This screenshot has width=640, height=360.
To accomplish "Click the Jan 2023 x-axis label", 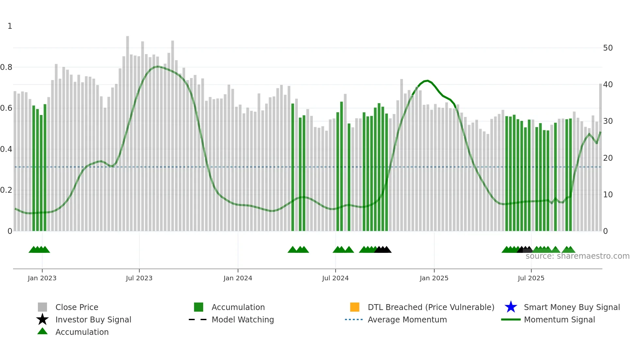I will coord(42,278).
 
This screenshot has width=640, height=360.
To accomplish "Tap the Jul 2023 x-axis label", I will coord(139,278).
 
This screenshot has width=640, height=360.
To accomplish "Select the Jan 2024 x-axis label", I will coord(238,278).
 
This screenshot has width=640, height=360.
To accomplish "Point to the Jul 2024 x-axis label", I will coord(335,278).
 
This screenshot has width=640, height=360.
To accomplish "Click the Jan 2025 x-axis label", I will coord(434,278).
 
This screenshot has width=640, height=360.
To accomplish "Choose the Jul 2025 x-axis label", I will coord(531,278).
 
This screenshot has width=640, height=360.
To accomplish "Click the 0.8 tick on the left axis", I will coord(6,67).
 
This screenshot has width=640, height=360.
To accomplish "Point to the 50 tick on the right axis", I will coord(608,48).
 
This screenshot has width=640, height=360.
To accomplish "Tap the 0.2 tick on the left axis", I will coord(6,190).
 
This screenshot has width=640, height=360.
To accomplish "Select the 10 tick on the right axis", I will coord(608,195).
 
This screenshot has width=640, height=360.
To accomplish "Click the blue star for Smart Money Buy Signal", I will coord(511,307).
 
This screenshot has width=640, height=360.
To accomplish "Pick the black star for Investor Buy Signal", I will coord(42,319).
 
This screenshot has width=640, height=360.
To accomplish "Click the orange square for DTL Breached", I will coord(355,307).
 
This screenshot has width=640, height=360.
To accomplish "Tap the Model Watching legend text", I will coord(243,319).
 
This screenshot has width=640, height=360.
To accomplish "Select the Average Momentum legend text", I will coord(407,319).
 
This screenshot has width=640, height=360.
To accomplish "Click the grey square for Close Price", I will coord(42,307).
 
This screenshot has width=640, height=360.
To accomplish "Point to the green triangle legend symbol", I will coord(42,332).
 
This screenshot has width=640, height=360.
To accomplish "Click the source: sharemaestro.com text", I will coord(577,256).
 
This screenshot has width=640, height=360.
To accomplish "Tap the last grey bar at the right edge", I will coord(600,157).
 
